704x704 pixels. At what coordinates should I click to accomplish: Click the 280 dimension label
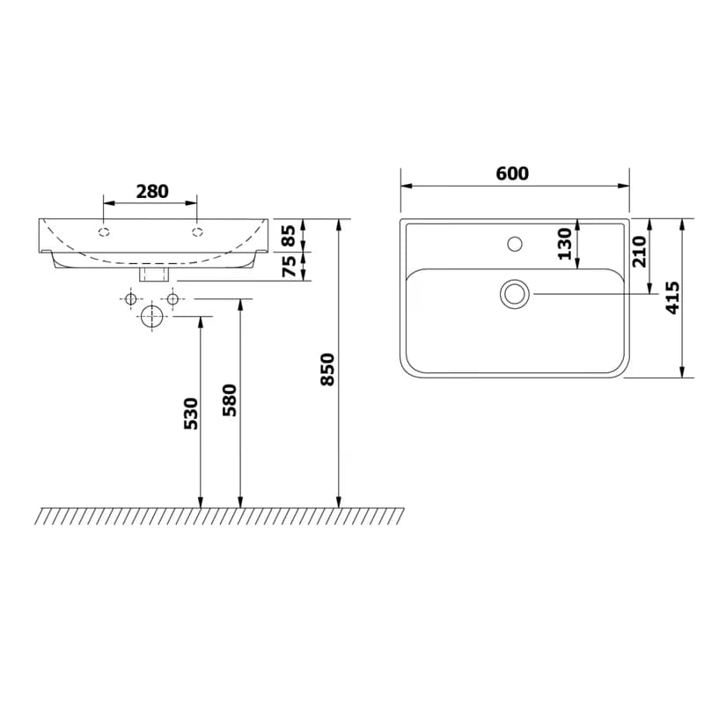[152, 191]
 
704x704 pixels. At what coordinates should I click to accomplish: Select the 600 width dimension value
[512, 172]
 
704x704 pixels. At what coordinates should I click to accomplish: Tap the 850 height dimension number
[327, 370]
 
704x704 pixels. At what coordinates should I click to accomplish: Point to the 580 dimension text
[230, 400]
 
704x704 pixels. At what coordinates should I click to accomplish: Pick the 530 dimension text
[191, 413]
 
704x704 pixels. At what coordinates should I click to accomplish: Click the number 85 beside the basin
[290, 236]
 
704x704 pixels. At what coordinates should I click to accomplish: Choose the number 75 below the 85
[290, 266]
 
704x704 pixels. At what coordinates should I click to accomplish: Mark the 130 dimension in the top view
[565, 244]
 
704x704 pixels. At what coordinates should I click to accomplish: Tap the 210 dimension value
[639, 252]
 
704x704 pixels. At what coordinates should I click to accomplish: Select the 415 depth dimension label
[672, 297]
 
